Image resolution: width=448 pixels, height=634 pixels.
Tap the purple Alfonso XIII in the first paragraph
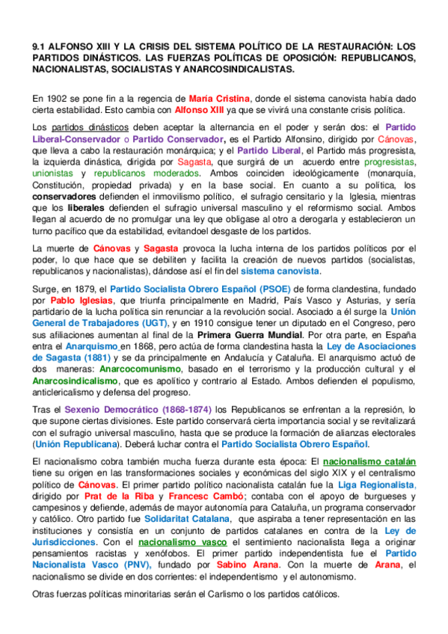tap(197, 108)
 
